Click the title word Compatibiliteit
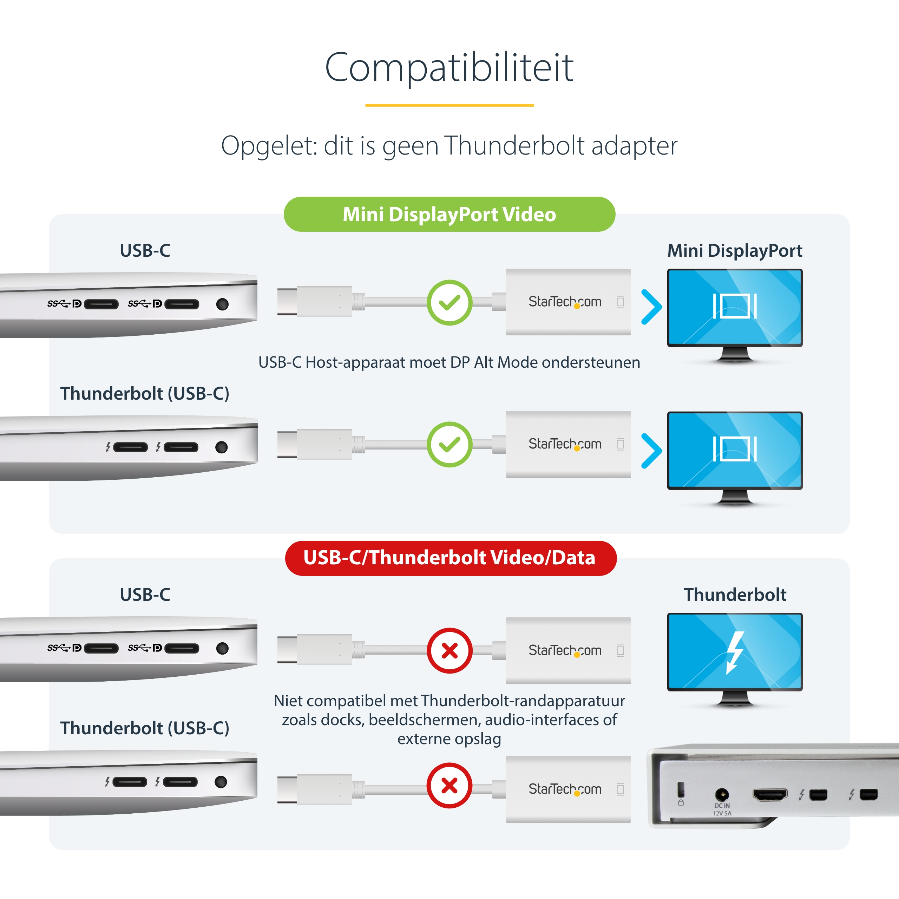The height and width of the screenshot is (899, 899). (449, 67)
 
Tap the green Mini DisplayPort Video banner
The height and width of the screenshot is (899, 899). (449, 214)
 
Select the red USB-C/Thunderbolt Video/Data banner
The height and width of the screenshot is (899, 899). (451, 558)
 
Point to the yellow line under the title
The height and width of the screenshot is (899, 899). (449, 105)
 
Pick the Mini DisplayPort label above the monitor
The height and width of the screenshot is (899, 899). (735, 251)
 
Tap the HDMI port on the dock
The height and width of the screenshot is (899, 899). (770, 794)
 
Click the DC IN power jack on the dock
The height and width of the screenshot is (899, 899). (722, 794)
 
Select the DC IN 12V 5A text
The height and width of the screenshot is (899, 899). (722, 809)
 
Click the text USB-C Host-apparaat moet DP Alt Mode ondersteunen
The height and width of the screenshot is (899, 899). (449, 362)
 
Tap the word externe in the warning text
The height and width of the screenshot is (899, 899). (424, 739)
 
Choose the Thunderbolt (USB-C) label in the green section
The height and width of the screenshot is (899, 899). (145, 394)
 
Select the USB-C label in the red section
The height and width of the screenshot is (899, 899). (145, 595)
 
